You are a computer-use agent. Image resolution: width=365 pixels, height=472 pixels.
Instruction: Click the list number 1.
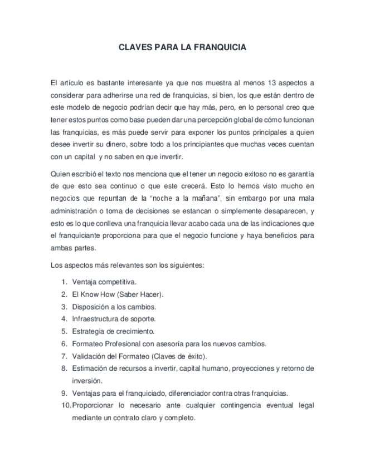pyautogui.click(x=65, y=282)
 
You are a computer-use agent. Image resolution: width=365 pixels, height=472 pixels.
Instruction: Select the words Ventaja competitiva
pyautogui.click(x=104, y=282)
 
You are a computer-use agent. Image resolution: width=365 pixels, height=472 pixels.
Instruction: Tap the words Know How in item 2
pyautogui.click(x=97, y=294)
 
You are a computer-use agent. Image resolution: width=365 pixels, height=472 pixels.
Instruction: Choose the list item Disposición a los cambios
pyautogui.click(x=114, y=307)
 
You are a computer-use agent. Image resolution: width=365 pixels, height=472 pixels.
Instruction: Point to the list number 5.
pyautogui.click(x=65, y=331)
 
